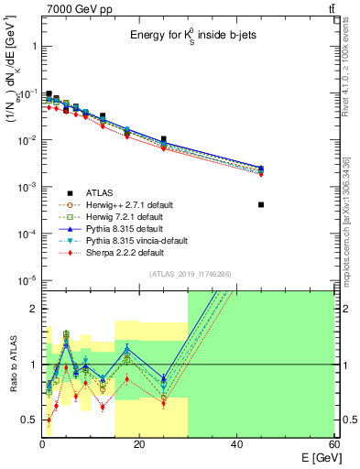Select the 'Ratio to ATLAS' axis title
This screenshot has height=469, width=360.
tap(12, 366)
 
